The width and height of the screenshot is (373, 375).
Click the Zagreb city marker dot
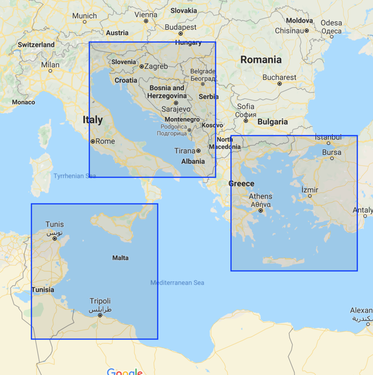click(x=142, y=66)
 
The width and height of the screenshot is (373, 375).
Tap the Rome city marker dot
click(x=93, y=141)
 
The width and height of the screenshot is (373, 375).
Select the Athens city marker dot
click(x=261, y=210)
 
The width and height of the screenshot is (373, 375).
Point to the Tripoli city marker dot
click(x=100, y=315)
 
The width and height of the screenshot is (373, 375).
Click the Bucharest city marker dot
click(x=280, y=83)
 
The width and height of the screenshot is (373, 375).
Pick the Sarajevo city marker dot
click(x=176, y=102)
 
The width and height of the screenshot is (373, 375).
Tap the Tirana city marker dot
click(x=198, y=150)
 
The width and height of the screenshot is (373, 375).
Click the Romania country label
click(x=261, y=59)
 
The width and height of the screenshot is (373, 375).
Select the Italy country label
click(x=93, y=119)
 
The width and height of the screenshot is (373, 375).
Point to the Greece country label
click(x=241, y=183)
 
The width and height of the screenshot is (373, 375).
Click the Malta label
click(x=120, y=258)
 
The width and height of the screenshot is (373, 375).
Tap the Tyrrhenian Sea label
click(x=74, y=176)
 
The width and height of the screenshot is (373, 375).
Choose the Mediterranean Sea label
click(x=177, y=283)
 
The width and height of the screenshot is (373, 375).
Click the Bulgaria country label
click(x=273, y=121)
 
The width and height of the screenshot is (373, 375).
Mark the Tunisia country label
click(x=42, y=289)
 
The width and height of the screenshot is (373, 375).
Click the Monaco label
click(x=23, y=102)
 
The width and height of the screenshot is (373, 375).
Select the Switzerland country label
click(x=36, y=44)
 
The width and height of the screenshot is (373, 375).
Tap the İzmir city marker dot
click(x=310, y=196)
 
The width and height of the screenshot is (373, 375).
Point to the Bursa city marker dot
click(x=332, y=159)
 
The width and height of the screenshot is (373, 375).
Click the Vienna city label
click(x=146, y=15)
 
